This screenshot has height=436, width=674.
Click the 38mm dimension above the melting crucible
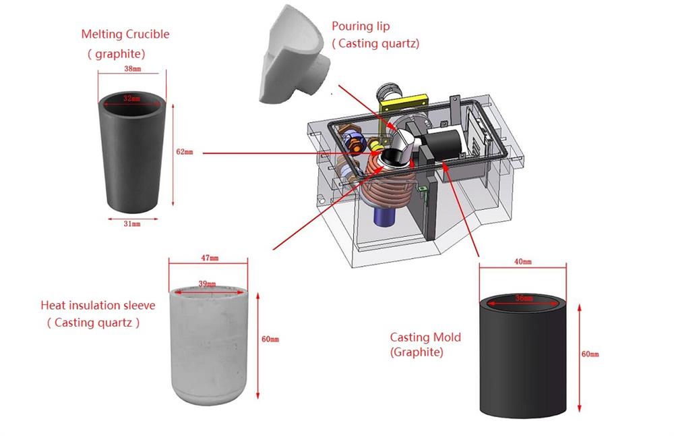tap(132, 69)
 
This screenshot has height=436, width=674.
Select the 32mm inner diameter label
tap(132, 99)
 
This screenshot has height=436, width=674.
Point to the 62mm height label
tap(184, 152)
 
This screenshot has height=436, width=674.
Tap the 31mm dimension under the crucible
tap(131, 223)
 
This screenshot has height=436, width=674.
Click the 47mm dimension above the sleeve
tap(210, 258)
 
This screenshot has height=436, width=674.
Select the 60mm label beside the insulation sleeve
tap(270, 339)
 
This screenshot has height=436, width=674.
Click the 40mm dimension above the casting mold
tap(523, 261)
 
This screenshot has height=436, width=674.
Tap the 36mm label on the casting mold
tap(522, 297)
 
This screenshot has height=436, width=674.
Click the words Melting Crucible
tap(125, 34)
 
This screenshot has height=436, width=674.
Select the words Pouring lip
tap(361, 26)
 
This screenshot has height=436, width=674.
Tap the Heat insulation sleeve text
tap(98, 306)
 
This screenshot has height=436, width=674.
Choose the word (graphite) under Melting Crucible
tap(116, 53)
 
